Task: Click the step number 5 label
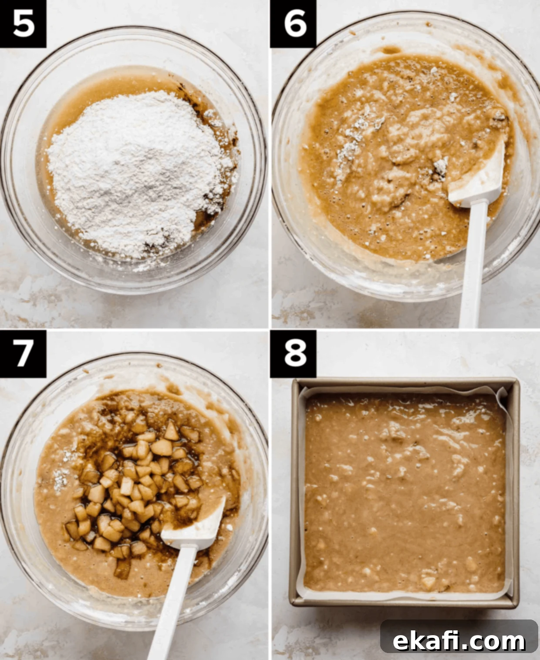(x=23, y=24)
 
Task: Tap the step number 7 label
(x=23, y=354)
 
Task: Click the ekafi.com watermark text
(x=459, y=641)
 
